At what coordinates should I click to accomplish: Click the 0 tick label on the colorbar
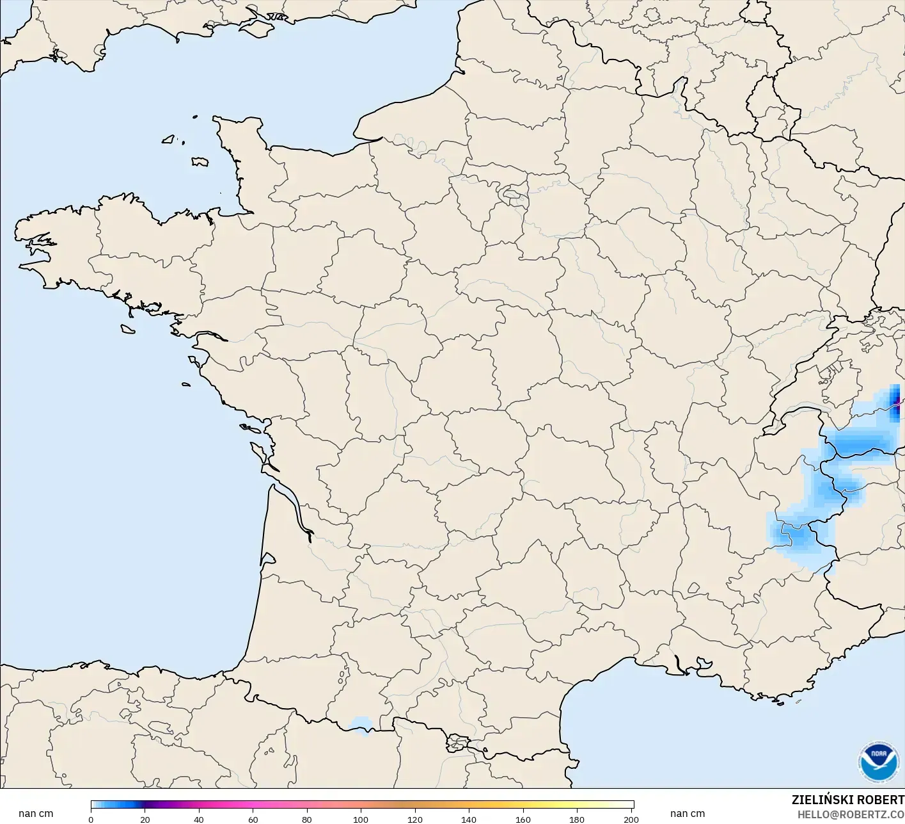coord(91,820)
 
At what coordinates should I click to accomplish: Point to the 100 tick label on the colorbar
coord(361,820)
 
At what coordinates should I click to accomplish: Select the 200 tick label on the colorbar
coord(631,820)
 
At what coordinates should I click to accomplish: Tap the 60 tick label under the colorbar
coord(253,820)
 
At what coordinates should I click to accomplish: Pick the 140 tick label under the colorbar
coord(469,820)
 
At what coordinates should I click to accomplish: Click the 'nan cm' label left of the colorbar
coord(36,814)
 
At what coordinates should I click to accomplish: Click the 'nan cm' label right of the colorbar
coord(688,814)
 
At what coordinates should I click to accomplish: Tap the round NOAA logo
coord(878,761)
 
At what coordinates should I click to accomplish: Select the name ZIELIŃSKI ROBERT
coord(847,800)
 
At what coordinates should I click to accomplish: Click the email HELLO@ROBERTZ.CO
coord(851,814)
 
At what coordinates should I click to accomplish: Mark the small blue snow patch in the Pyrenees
coord(361,724)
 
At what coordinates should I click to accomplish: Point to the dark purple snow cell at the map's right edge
coord(895,402)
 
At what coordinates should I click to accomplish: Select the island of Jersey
coord(200,162)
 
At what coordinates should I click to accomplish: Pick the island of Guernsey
coord(169,138)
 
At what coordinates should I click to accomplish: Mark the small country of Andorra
coord(458,744)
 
